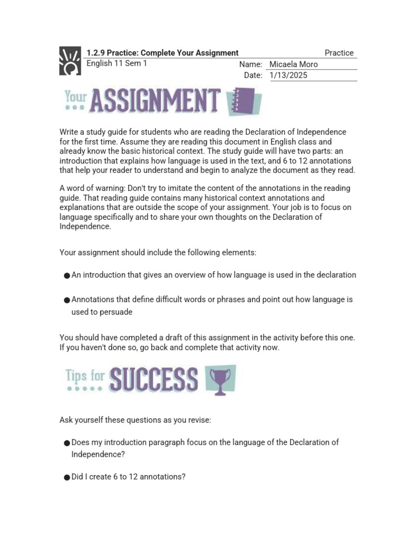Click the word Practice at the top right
[339, 53]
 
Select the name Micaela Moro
[294, 64]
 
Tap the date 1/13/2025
[288, 75]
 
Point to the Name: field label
[250, 64]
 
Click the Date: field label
[253, 75]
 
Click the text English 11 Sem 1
[117, 63]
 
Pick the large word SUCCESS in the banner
[153, 380]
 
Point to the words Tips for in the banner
[85, 375]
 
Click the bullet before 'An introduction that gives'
[66, 275]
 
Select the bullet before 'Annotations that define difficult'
[66, 300]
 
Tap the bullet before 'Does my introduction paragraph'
[66, 443]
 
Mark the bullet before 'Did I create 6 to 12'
[66, 477]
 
